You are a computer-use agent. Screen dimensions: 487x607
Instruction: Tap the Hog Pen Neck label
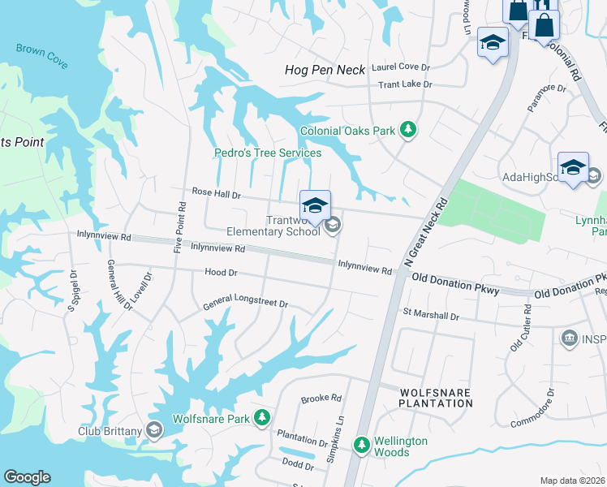(325, 71)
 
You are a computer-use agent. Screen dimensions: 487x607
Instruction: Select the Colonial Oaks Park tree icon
(409, 130)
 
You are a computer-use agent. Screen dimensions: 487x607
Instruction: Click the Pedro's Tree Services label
(268, 153)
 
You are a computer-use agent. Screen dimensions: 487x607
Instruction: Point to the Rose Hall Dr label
(217, 193)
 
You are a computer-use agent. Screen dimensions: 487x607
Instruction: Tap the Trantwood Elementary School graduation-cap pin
(315, 205)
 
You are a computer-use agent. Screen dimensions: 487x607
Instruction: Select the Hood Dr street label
(221, 274)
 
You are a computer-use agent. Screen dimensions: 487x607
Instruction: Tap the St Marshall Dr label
(431, 315)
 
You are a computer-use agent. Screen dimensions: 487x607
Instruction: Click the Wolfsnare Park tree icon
(261, 418)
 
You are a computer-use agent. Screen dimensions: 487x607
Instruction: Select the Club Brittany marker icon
(154, 430)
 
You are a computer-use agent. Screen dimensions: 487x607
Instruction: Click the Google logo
(27, 477)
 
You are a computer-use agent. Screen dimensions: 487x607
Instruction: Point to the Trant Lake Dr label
(405, 84)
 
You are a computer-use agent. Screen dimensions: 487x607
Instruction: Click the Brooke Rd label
(321, 399)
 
